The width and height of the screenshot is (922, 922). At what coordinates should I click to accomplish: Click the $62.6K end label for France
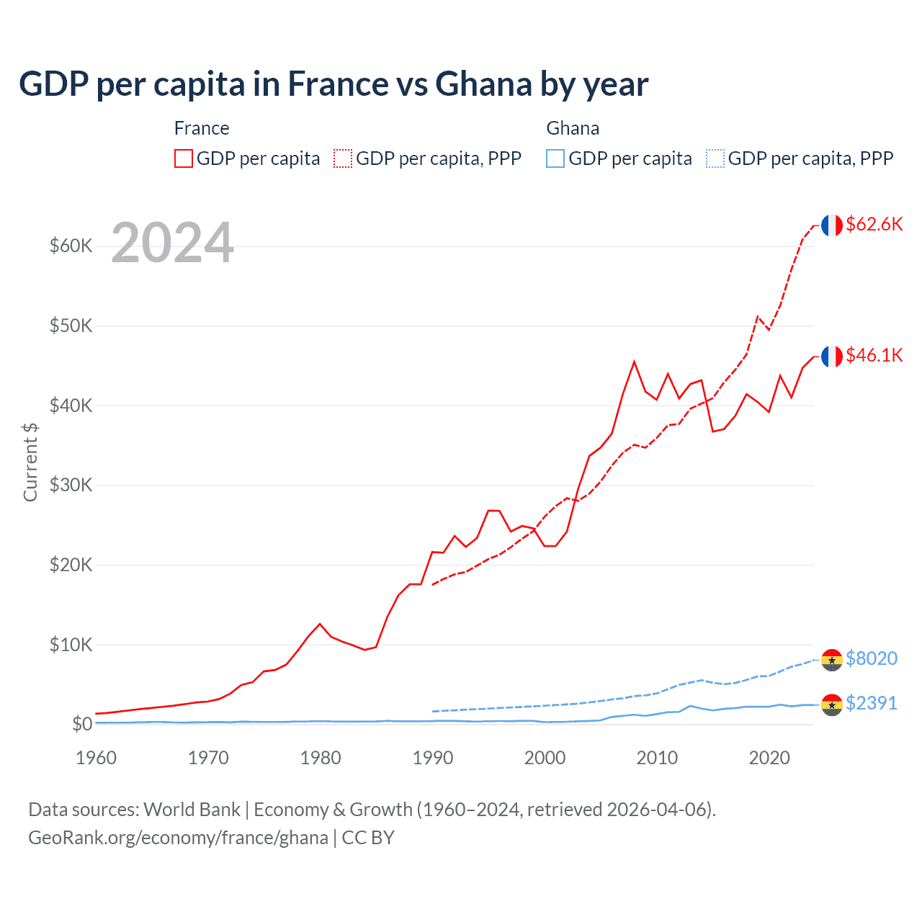click(874, 225)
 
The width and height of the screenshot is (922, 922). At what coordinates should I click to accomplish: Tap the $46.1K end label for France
click(874, 356)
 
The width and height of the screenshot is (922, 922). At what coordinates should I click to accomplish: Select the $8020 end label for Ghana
click(871, 659)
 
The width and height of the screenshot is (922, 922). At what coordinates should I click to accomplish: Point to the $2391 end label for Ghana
click(871, 704)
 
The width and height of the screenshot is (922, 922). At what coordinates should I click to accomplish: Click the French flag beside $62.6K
click(832, 225)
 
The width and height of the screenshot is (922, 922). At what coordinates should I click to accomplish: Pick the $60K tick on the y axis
click(71, 246)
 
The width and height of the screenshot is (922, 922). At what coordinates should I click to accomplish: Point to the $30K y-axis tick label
click(71, 485)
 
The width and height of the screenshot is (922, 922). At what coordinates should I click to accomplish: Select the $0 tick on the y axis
click(81, 725)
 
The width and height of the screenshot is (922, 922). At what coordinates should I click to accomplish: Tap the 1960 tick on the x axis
click(96, 758)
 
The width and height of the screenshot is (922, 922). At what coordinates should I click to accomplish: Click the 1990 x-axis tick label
click(433, 758)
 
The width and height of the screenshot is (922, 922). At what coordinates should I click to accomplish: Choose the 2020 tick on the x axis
click(769, 758)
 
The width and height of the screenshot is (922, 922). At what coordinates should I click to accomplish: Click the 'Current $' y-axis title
click(30, 462)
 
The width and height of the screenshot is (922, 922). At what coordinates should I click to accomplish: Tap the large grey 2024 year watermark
click(172, 243)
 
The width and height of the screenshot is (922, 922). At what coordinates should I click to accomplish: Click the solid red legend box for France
click(184, 158)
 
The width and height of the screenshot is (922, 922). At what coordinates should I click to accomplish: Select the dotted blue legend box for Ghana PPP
click(715, 158)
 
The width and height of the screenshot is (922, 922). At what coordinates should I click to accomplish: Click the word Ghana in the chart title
click(483, 84)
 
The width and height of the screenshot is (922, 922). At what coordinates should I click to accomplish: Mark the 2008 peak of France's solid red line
click(634, 362)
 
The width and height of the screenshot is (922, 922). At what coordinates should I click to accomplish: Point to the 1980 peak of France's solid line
click(320, 624)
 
